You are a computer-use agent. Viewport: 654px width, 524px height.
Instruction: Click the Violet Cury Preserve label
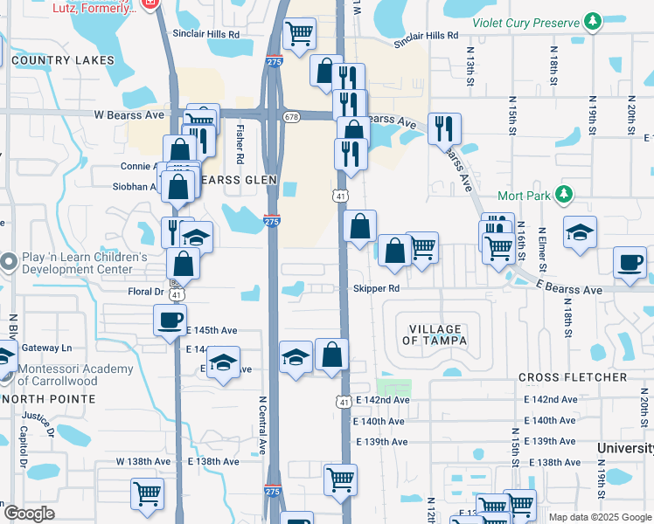click(525, 22)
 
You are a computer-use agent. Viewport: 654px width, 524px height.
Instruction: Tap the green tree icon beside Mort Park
click(565, 194)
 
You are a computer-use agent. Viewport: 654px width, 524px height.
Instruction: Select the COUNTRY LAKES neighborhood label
click(64, 60)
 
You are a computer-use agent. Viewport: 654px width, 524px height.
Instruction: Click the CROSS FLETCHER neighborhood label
click(573, 377)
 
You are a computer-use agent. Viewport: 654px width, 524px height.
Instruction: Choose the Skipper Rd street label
click(377, 288)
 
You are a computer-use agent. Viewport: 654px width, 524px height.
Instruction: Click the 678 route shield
click(291, 116)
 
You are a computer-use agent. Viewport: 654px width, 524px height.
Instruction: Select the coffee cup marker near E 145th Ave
click(170, 319)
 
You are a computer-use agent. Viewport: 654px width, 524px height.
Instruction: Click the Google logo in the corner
click(28, 514)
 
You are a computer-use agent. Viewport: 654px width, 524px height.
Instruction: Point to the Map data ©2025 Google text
click(600, 517)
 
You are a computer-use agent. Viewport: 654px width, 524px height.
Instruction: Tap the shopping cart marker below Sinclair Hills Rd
click(300, 34)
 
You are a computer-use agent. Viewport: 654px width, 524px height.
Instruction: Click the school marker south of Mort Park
click(580, 232)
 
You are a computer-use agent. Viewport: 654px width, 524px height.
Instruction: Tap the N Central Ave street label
click(261, 424)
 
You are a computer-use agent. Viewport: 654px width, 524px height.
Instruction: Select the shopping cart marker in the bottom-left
click(147, 493)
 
